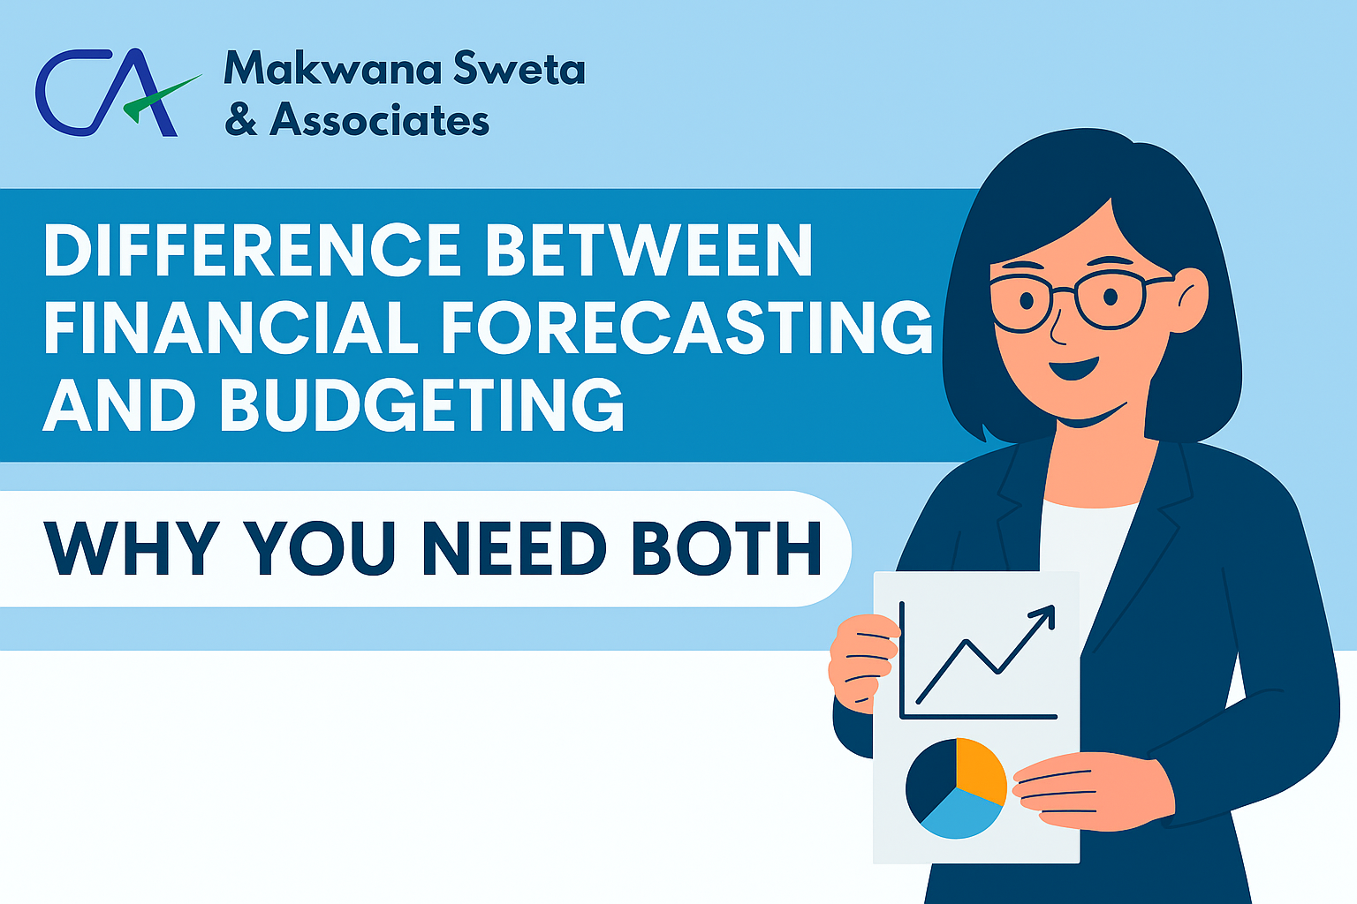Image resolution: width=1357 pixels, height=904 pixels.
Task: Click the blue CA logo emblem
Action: (107, 92)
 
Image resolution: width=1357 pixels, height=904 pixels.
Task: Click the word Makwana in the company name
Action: (332, 68)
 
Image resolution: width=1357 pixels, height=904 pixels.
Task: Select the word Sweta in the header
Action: (519, 68)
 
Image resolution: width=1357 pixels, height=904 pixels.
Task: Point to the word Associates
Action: (380, 119)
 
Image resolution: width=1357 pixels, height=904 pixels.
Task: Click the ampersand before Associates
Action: (241, 119)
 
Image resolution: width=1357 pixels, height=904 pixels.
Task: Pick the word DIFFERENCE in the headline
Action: (252, 250)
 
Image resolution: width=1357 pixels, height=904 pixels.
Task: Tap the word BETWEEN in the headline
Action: (648, 250)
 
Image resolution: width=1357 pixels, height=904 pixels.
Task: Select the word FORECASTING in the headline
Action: (687, 327)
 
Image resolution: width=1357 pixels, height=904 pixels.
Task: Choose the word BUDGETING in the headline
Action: (421, 403)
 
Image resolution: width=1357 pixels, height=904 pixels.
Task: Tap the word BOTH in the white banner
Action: (726, 548)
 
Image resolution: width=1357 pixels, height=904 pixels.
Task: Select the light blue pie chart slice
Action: (960, 814)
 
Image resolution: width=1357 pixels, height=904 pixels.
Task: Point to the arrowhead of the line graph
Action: (1042, 617)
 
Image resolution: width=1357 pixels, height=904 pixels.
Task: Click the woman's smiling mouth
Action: (1074, 368)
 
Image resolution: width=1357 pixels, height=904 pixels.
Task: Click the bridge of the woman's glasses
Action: (1064, 291)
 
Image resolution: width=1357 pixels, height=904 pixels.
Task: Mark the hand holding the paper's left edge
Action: (862, 661)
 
